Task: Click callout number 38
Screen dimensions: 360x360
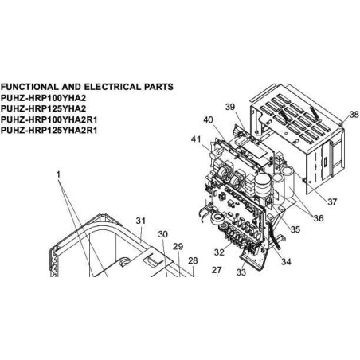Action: click(x=354, y=115)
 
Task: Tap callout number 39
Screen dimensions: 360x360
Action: click(x=230, y=107)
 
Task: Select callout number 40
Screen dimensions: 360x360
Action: click(x=208, y=119)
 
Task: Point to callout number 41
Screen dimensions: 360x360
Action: click(x=196, y=139)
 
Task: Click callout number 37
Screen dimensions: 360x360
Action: click(x=332, y=202)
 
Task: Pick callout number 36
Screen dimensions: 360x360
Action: click(x=319, y=218)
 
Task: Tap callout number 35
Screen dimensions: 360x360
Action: click(x=295, y=229)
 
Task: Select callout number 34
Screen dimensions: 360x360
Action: click(x=286, y=261)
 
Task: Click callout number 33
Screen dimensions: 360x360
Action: click(x=241, y=272)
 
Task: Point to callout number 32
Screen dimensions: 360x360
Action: click(x=219, y=252)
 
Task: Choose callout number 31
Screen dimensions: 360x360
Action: click(x=141, y=221)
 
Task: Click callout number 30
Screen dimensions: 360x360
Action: click(x=163, y=234)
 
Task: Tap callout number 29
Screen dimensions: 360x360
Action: click(x=178, y=246)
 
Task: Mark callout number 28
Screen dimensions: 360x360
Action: click(x=193, y=260)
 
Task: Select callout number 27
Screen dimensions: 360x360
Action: click(x=217, y=270)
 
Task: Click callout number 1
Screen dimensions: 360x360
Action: click(x=58, y=174)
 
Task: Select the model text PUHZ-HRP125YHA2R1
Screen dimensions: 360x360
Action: click(x=49, y=131)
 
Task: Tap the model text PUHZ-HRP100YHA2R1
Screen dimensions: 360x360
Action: click(x=49, y=119)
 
